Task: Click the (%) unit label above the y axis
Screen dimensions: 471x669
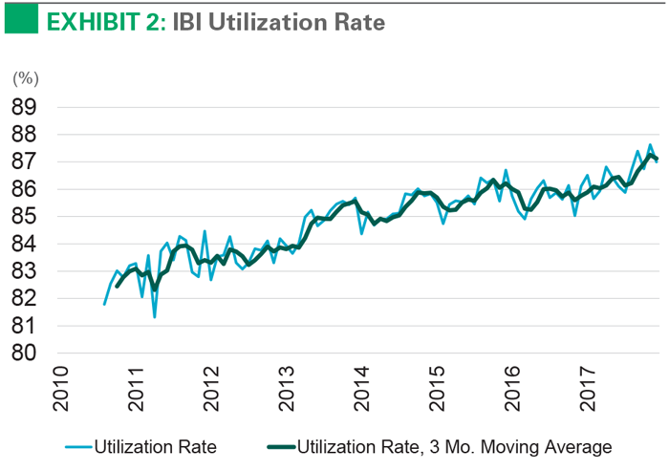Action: tap(24, 77)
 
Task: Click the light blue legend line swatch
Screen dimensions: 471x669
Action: tap(85, 446)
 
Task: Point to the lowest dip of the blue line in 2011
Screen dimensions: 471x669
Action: tap(154, 316)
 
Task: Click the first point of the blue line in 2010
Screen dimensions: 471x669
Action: tap(104, 304)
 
